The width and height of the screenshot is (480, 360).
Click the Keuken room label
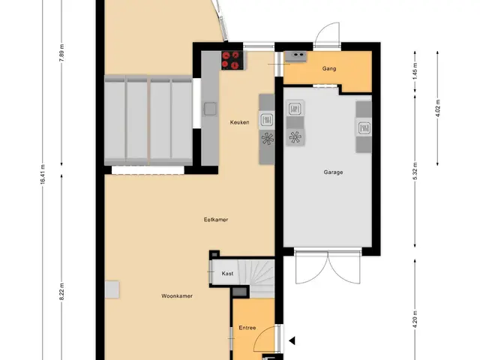239,122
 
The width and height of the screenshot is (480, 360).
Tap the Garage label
333,172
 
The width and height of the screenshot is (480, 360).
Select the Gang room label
329,68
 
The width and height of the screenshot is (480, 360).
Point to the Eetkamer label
216,220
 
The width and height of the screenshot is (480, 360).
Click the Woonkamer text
177,296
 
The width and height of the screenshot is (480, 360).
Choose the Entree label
247,328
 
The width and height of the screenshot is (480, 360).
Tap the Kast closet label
227,273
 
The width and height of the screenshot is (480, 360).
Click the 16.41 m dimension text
43,174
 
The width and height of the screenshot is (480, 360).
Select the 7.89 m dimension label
61,52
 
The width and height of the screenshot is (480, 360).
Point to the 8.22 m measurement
61,292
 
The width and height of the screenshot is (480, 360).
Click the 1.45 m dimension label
415,71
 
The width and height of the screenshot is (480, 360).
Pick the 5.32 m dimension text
415,172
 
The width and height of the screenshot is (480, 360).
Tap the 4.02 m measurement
437,108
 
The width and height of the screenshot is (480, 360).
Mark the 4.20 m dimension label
415,319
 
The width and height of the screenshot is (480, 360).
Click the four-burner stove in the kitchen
231,60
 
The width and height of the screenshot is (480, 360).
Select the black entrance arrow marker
292,340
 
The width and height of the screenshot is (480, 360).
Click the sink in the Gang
295,56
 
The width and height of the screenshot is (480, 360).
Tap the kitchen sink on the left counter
210,109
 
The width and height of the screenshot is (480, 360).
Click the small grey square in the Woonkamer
112,289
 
